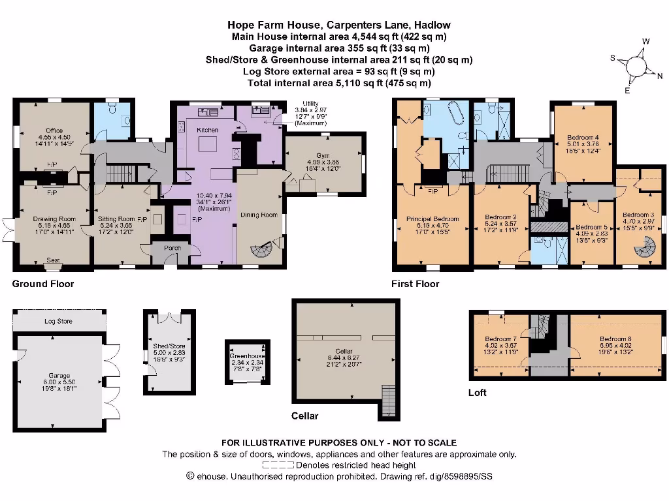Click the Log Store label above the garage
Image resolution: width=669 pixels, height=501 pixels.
click(x=58, y=322)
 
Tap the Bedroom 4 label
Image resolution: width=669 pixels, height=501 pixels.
click(x=583, y=138)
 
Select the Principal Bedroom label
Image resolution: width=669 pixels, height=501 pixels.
click(x=432, y=219)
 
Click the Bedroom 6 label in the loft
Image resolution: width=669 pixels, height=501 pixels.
click(x=615, y=339)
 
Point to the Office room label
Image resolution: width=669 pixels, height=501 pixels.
click(x=54, y=130)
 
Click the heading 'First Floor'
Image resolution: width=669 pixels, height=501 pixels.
click(x=415, y=284)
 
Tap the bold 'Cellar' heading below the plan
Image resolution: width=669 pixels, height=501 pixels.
click(x=304, y=416)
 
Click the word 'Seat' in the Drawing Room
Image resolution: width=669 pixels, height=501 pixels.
click(x=54, y=260)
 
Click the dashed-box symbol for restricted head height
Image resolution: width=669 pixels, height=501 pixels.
click(x=278, y=465)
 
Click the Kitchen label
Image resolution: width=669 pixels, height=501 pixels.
click(x=207, y=130)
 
